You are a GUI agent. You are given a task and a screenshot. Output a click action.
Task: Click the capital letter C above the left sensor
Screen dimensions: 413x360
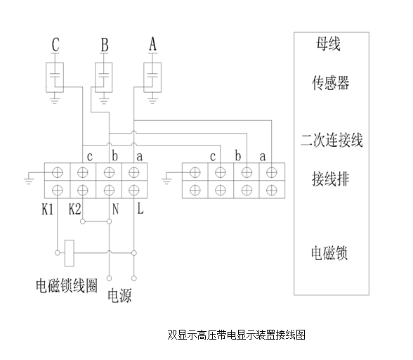tap(55, 44)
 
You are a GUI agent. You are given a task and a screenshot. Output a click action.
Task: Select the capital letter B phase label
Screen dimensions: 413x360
tap(105, 45)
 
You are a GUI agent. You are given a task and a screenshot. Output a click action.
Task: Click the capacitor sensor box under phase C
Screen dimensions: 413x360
tap(55, 77)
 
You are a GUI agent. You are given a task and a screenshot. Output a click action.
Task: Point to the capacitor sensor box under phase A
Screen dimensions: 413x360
tap(152, 77)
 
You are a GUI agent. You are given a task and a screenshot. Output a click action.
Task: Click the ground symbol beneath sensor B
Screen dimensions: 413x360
tap(104, 101)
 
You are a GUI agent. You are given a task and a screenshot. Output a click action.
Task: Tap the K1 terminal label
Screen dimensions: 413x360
tap(48, 210)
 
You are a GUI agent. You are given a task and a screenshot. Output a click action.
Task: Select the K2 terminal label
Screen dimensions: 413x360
tap(74, 209)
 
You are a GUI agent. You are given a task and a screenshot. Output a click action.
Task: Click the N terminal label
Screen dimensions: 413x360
tap(115, 209)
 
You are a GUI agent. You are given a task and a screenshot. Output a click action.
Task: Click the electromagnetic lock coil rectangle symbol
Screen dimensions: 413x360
tap(70, 253)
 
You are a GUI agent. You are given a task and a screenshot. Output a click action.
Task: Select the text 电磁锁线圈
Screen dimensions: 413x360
tap(67, 285)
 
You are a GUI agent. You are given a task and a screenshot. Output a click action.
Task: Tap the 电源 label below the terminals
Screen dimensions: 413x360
tap(119, 295)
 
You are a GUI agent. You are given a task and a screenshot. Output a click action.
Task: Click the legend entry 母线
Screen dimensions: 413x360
tap(329, 44)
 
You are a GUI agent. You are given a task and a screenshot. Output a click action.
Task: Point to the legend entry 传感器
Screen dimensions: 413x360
tap(331, 83)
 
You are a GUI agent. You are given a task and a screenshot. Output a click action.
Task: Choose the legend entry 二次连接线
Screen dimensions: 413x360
tap(332, 140)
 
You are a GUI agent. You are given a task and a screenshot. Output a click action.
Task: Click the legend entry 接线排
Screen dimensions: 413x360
tap(331, 179)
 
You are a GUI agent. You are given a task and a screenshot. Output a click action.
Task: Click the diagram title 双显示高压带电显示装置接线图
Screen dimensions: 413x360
tap(236, 335)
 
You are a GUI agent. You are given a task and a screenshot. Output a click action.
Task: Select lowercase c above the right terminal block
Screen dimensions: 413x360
tap(213, 157)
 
